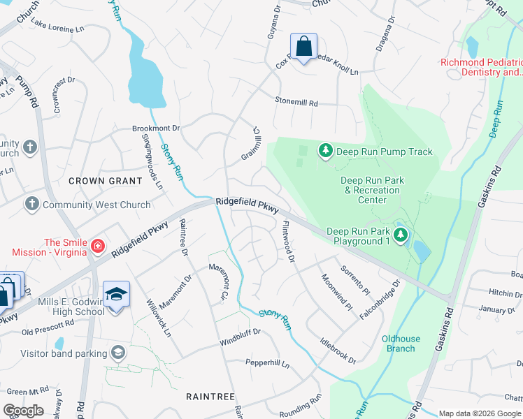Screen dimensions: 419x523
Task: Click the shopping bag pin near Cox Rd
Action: click(x=304, y=47)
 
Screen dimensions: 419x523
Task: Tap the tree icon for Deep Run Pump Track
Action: click(x=325, y=150)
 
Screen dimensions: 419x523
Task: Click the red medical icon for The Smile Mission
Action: click(x=99, y=246)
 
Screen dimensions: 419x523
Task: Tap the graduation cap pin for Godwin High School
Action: click(x=117, y=294)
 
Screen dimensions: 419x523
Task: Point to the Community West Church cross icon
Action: click(x=31, y=205)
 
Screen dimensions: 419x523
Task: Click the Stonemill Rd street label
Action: click(x=296, y=103)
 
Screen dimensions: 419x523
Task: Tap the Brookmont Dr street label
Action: click(x=157, y=128)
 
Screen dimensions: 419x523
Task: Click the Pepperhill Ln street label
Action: click(x=266, y=363)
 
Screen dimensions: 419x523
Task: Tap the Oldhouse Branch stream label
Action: click(x=401, y=344)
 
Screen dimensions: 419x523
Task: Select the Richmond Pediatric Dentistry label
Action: click(x=481, y=67)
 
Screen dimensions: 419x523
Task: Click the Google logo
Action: click(x=24, y=411)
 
